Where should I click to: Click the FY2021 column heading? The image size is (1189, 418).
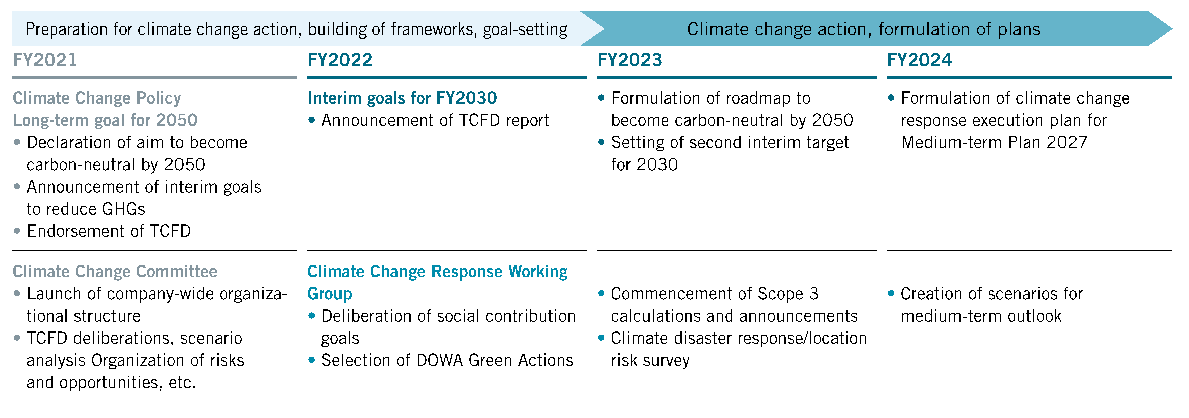pyautogui.click(x=45, y=60)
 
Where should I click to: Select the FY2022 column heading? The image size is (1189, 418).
pyautogui.click(x=340, y=60)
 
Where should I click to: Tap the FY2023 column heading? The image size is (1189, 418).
pyautogui.click(x=630, y=60)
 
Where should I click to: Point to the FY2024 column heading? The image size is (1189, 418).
pyautogui.click(x=919, y=60)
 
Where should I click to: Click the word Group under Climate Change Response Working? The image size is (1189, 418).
pyautogui.click(x=330, y=294)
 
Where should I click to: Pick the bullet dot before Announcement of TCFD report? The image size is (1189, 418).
pyautogui.click(x=312, y=120)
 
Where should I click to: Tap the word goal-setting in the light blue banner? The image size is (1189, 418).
pyautogui.click(x=525, y=30)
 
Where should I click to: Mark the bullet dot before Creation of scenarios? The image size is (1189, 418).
pyautogui.click(x=891, y=293)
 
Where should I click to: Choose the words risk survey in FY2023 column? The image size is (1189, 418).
pyautogui.click(x=650, y=360)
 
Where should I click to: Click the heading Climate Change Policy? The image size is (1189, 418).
pyautogui.click(x=97, y=98)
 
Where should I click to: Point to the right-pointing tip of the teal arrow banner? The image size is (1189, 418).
pyautogui.click(x=1172, y=29)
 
